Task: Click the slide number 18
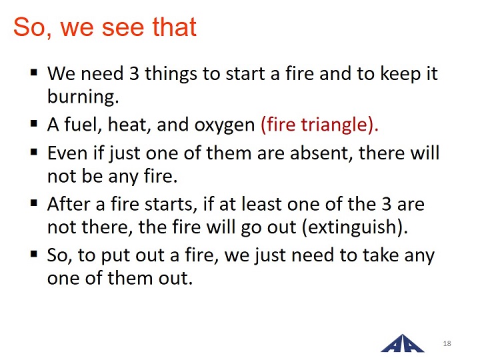tap(447, 343)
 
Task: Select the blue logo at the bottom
tap(402, 343)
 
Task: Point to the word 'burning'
tap(83, 97)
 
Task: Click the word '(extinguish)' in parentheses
tap(355, 227)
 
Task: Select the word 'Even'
tap(67, 153)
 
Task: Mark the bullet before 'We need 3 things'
tap(34, 73)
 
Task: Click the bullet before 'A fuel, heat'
tap(34, 124)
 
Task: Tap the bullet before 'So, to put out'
tap(34, 254)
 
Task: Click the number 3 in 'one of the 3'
tap(386, 204)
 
